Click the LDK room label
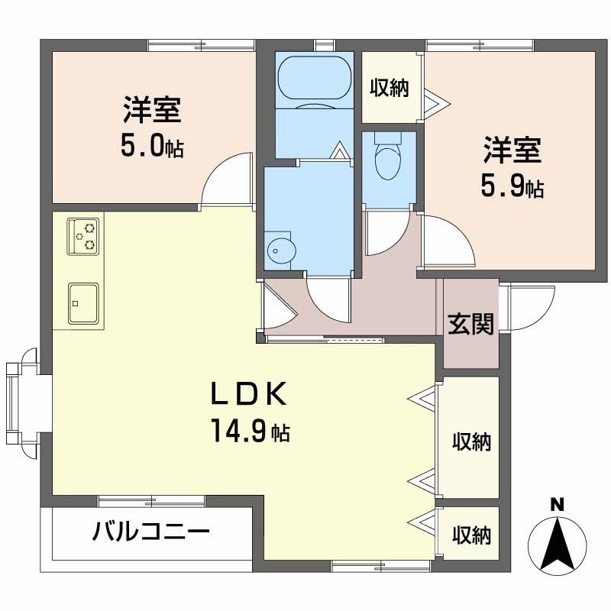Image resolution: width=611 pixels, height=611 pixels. tap(249, 394)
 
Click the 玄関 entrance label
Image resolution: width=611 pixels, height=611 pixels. tap(470, 324)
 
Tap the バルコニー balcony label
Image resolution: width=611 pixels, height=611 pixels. tap(151, 531)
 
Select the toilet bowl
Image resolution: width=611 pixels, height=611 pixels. tap(388, 156)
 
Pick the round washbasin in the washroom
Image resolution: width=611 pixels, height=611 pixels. tap(281, 250)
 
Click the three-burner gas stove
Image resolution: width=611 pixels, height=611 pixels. tap(83, 237)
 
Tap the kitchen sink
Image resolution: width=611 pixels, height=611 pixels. tap(83, 303)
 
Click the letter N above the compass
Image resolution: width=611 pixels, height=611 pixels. tap(558, 506)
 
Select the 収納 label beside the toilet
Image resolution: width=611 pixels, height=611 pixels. tap(390, 87)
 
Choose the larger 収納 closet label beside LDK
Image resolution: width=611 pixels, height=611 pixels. tap(471, 441)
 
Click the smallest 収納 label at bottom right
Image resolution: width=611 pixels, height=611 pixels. tap(471, 535)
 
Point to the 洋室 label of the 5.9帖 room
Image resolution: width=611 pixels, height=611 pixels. tap(512, 150)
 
